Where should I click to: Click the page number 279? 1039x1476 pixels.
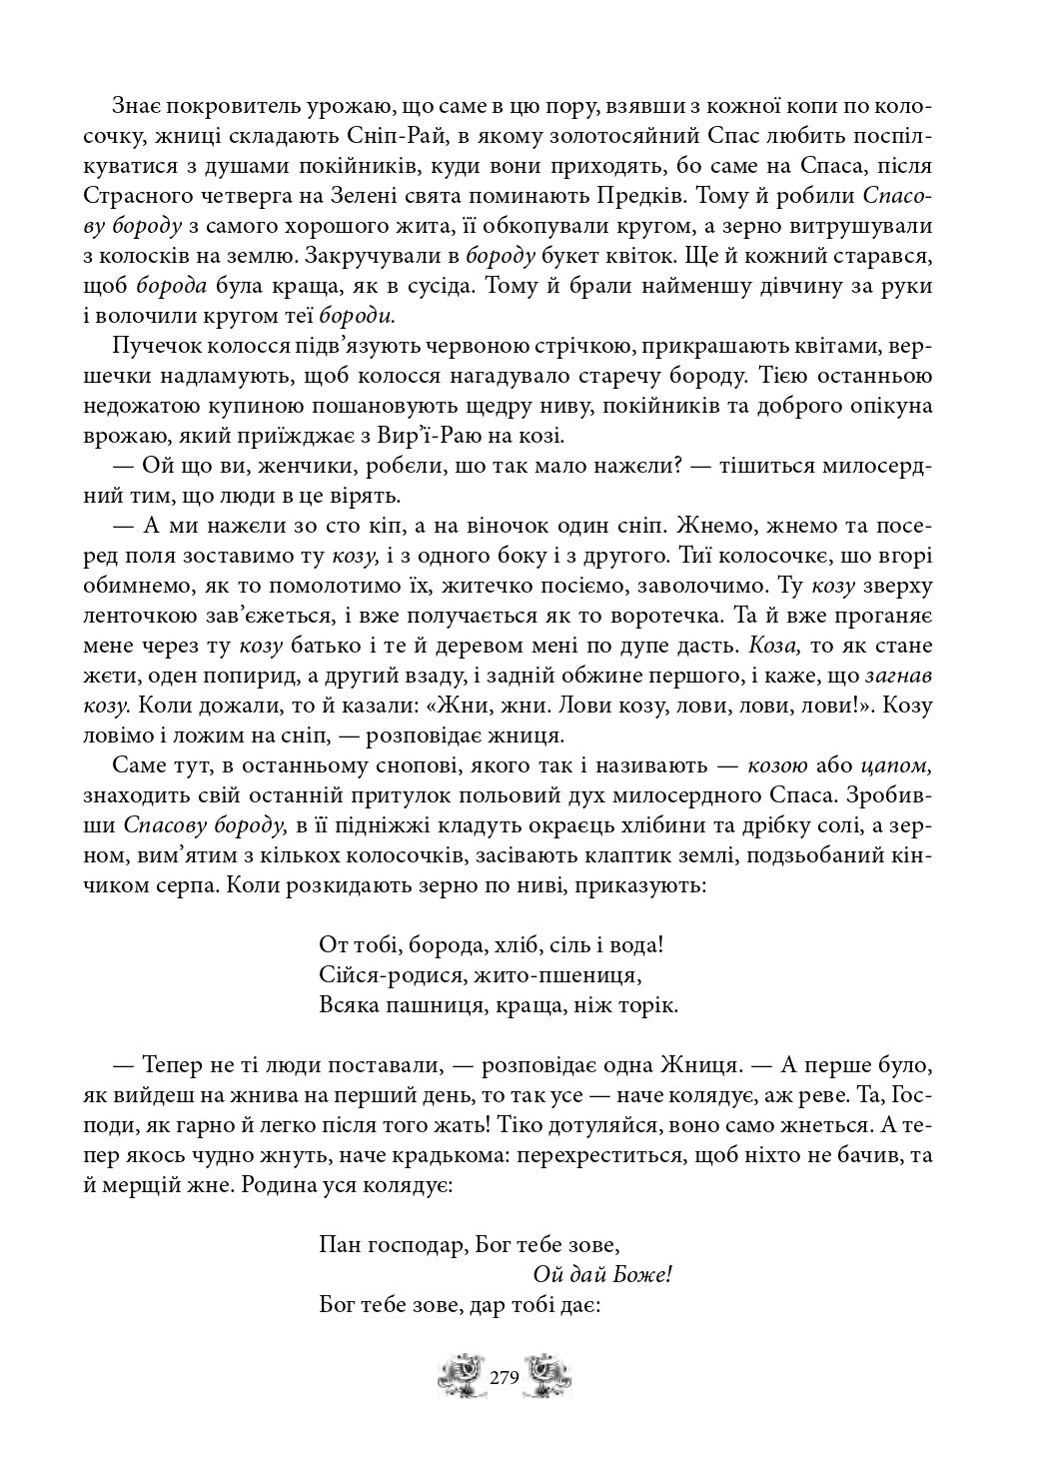pos(505,1377)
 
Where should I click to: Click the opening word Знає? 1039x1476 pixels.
pos(137,106)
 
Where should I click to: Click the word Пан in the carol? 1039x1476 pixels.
pos(339,1245)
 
